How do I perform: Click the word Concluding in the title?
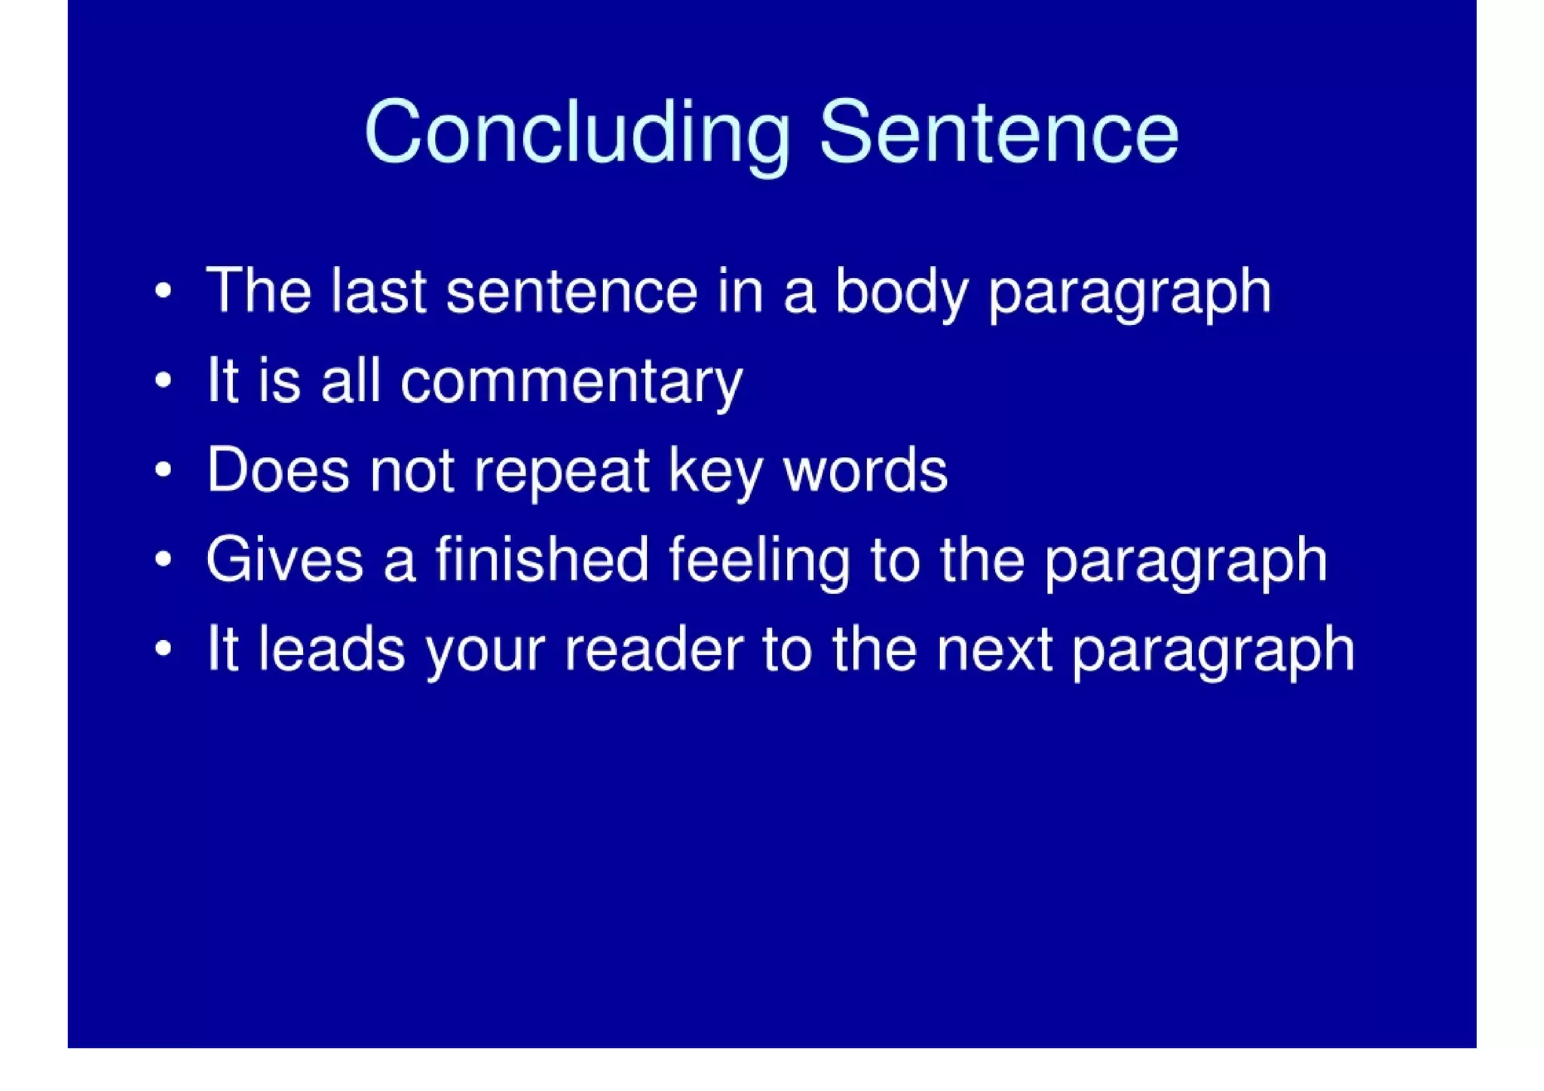(x=577, y=133)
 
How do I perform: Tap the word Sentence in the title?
(x=998, y=133)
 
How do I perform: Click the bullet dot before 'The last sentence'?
(x=163, y=291)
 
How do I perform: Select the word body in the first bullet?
(x=901, y=293)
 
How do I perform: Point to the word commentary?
(x=571, y=383)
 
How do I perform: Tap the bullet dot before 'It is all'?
(x=163, y=381)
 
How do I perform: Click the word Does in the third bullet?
(x=278, y=470)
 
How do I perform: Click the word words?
(x=865, y=470)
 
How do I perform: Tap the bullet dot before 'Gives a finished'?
(x=163, y=559)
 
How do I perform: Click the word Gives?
(x=284, y=559)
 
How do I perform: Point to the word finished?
(x=541, y=559)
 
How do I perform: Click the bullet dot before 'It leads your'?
(x=163, y=648)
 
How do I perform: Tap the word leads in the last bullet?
(x=332, y=648)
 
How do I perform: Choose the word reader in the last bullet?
(x=654, y=650)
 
